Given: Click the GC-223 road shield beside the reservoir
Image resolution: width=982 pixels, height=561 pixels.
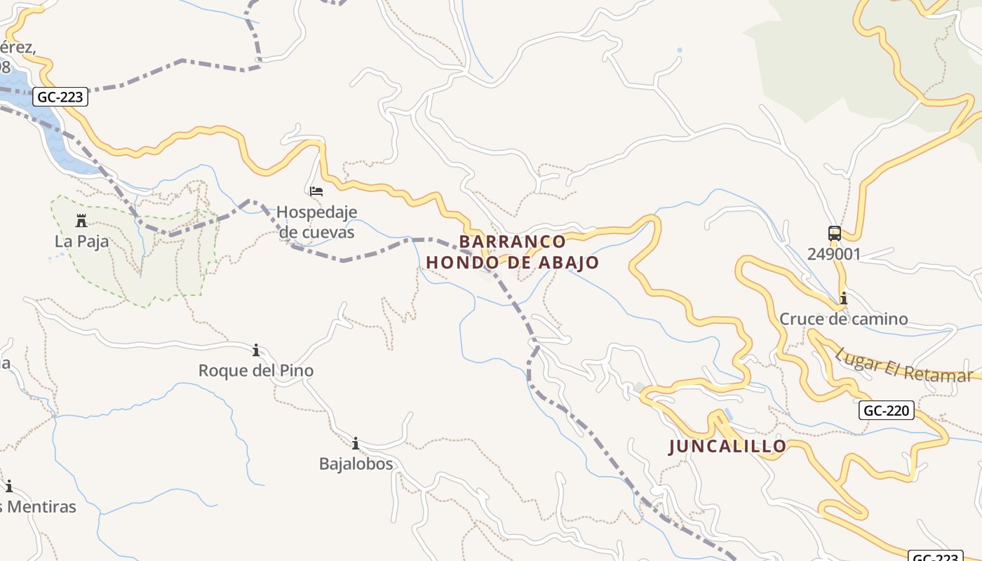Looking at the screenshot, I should tap(60, 97).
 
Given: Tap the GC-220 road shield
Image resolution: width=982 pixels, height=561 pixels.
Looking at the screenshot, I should tap(887, 410).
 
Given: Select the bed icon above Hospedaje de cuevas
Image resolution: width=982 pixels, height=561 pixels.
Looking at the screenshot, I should tap(316, 191).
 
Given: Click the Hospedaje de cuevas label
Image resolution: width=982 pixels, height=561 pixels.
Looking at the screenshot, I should tap(316, 222).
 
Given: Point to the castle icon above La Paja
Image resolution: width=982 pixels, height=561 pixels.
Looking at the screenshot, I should tap(81, 222).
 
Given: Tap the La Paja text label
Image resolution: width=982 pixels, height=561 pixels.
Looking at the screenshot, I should tap(81, 242).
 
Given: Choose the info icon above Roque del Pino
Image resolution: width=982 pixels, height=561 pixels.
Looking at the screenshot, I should tap(256, 350).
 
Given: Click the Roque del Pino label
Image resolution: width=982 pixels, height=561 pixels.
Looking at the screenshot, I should tap(256, 370).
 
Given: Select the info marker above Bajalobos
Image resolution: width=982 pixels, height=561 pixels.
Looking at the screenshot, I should tap(356, 443).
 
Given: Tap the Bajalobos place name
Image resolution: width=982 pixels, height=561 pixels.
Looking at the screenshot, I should tap(356, 464).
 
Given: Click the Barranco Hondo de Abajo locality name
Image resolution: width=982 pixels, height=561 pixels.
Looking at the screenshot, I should tap(513, 252).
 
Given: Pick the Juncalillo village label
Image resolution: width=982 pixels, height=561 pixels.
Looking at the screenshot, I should tap(727, 447).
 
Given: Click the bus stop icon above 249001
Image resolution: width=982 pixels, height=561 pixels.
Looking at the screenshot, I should tap(834, 234).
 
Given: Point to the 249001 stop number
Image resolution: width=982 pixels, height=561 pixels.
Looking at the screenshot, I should tap(833, 254).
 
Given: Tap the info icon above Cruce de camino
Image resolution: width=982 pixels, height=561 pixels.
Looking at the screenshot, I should tap(843, 299).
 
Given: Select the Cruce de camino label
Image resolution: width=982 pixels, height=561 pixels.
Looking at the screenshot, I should tap(843, 319).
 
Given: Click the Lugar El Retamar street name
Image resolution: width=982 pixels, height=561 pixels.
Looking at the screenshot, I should tap(903, 365).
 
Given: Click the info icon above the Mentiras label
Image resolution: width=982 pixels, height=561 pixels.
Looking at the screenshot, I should tap(9, 486).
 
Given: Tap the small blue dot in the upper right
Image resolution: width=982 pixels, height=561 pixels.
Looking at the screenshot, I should tap(679, 50).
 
